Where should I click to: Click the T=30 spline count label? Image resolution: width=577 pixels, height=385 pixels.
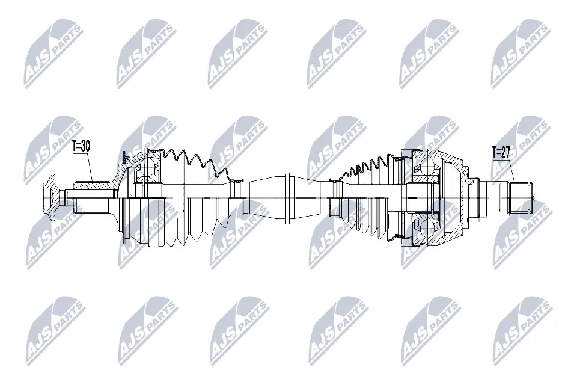click(x=82, y=146)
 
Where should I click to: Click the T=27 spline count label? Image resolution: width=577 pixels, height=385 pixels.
click(x=502, y=152)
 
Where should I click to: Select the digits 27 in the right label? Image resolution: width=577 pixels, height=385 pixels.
click(x=506, y=152)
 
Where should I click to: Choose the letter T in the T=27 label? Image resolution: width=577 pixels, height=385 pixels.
click(x=495, y=152)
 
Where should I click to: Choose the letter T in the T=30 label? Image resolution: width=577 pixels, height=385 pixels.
click(x=75, y=146)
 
